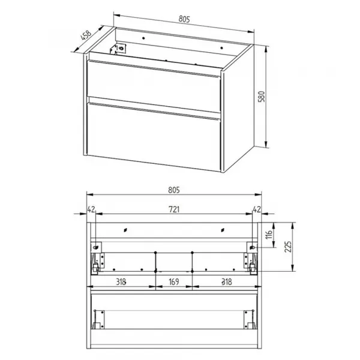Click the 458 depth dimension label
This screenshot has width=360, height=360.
point(86,35)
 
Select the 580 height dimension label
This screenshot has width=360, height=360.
point(262,97)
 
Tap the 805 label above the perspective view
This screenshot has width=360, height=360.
point(184,19)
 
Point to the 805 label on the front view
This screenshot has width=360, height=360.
point(174,190)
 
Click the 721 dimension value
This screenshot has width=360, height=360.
point(174,209)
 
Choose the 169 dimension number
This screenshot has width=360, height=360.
point(174,282)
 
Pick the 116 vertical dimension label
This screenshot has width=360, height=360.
point(269,234)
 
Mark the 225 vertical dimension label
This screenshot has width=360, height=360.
point(288,247)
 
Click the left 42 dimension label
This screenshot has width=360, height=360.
point(91,209)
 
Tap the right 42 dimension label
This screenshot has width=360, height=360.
point(257,209)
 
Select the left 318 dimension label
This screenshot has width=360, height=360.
point(121,282)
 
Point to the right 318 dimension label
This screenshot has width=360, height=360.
point(227,282)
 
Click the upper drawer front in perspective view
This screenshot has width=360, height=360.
point(154,86)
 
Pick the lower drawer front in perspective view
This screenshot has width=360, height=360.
point(154,137)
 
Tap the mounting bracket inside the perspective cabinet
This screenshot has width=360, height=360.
point(118,48)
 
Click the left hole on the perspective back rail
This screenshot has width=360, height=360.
point(143,38)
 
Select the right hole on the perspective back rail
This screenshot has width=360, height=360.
point(221,48)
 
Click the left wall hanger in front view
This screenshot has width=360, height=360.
point(96,247)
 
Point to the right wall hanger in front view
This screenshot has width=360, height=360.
point(252,247)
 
